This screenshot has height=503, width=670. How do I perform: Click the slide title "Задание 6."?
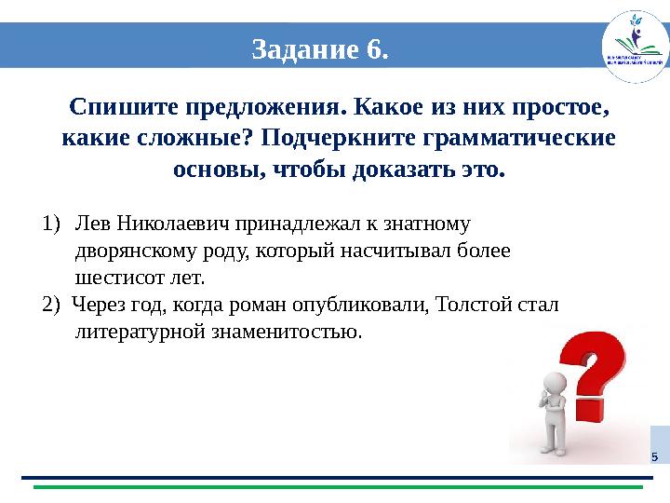click(319, 48)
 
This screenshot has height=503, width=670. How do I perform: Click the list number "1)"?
click(51, 224)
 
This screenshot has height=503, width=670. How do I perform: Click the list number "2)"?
click(51, 305)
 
